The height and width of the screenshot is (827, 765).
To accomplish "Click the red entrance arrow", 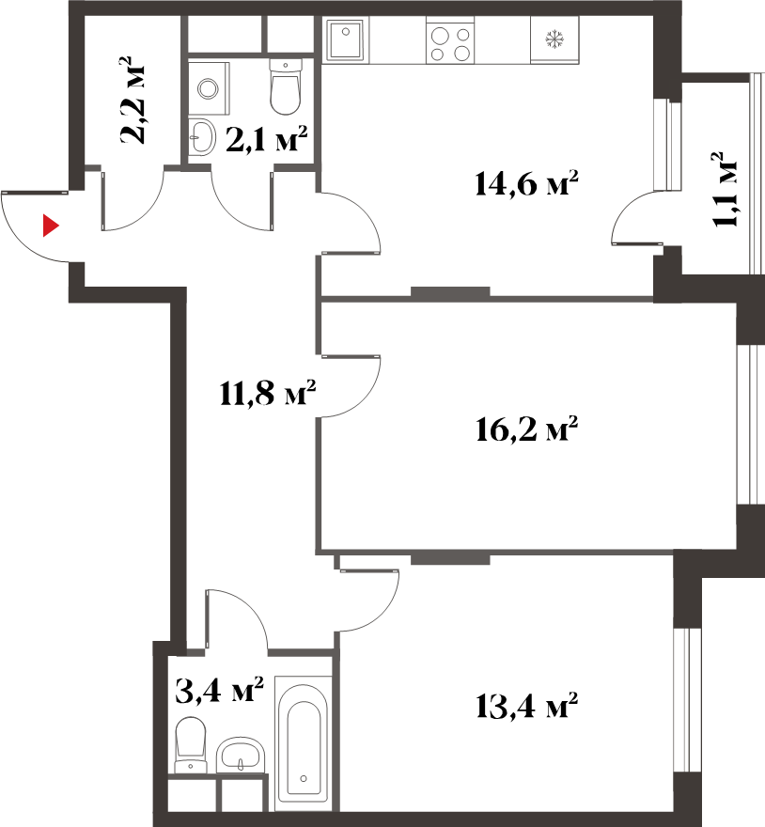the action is tap(50, 226).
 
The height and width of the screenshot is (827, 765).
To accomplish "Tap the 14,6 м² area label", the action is tap(526, 183).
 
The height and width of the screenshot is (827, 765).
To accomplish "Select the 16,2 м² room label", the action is tap(526, 429).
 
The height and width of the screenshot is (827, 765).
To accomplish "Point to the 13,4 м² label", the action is tap(526, 705).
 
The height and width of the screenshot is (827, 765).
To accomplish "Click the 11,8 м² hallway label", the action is tap(268, 393).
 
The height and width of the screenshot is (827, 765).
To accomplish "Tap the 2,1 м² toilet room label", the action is tap(266, 139).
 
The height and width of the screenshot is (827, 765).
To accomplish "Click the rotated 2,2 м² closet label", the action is tap(132, 101).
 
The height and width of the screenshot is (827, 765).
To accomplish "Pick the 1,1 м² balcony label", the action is tap(725, 190).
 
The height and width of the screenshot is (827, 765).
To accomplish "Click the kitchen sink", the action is tap(346, 39).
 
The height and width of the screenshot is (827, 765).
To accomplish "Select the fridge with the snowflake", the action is tap(554, 40).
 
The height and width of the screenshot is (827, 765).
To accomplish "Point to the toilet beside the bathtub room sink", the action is tap(191, 744).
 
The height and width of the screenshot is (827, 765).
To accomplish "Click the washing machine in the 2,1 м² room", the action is tap(209, 88).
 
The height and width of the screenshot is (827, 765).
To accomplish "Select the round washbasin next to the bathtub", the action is tap(242, 756).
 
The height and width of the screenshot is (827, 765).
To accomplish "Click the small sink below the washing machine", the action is tap(202, 137).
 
